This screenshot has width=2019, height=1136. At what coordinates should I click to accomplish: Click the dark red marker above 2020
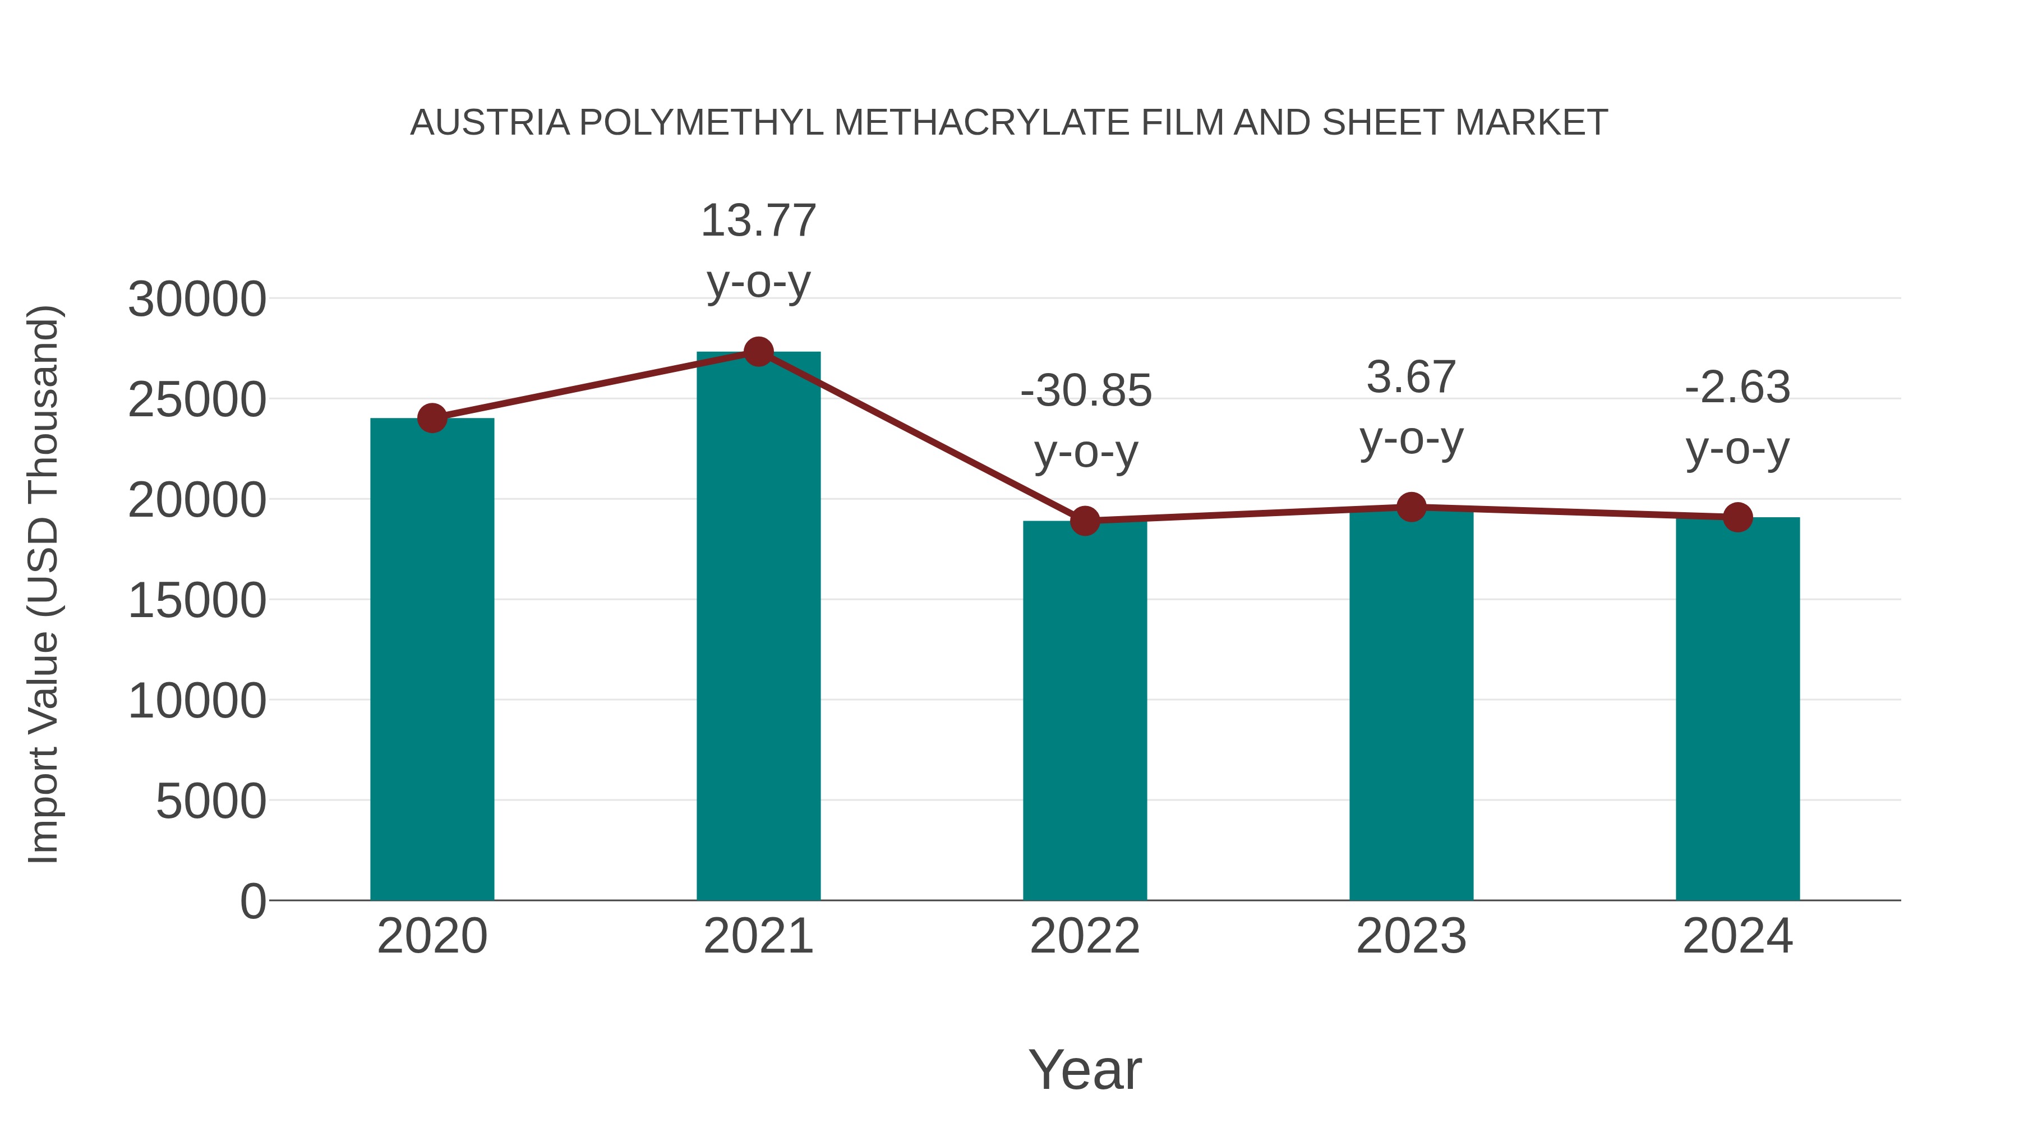coord(432,418)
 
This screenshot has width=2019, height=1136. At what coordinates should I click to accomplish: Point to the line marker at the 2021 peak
coord(758,352)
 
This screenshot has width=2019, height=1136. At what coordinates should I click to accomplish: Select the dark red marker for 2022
coord(1085,520)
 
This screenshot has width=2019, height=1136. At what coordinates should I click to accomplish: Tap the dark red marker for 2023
coord(1411,507)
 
